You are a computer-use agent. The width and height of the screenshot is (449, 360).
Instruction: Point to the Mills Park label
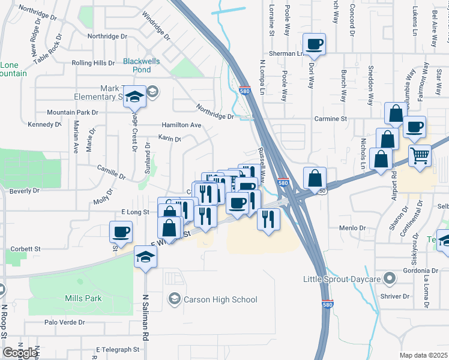83,298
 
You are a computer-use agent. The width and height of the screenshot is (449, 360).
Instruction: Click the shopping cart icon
420,155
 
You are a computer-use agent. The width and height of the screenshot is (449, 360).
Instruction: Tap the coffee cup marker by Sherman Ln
315,43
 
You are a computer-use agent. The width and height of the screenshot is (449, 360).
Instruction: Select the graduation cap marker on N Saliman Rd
145,257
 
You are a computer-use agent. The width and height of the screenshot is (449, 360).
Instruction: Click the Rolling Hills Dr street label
93,63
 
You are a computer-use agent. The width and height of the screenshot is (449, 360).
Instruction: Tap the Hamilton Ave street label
181,125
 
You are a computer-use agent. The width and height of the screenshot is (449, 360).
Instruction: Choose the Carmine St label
336,119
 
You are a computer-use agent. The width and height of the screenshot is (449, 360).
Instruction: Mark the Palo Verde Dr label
65,322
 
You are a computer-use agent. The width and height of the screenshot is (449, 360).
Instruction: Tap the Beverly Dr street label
24,191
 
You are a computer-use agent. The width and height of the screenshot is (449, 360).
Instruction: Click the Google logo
19,353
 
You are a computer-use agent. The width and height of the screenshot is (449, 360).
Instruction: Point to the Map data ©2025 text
423,355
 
